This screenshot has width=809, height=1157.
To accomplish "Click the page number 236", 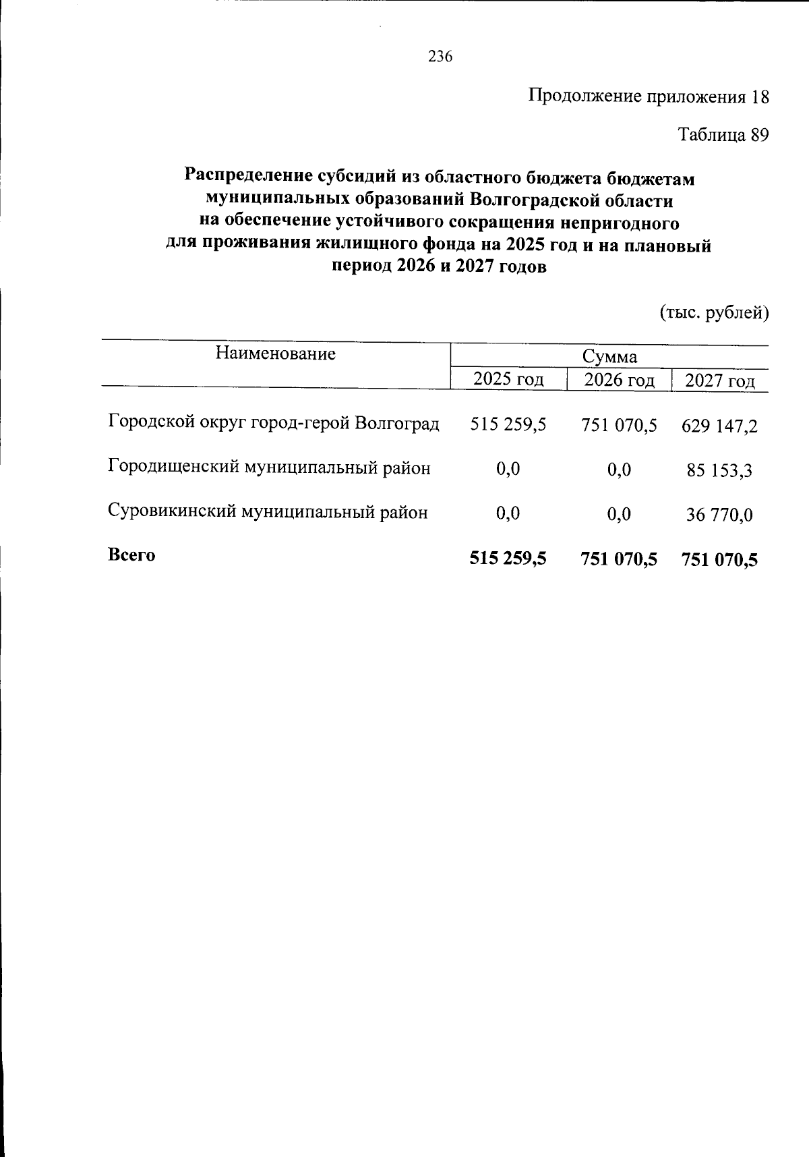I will click(440, 57).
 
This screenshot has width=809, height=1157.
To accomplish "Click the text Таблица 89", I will click(723, 135).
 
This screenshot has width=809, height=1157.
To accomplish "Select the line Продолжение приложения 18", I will click(647, 96).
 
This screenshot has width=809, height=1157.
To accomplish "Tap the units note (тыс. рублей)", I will click(713, 312).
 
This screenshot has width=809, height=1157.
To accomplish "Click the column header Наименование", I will click(275, 354).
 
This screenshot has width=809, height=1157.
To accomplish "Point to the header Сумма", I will click(609, 357).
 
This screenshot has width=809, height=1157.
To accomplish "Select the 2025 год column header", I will click(508, 379).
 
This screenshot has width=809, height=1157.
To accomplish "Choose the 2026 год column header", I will click(619, 380).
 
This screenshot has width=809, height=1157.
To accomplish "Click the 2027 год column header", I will click(719, 382).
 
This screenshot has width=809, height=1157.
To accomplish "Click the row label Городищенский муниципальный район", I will click(269, 468).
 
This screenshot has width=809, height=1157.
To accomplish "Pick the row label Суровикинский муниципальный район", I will click(268, 512).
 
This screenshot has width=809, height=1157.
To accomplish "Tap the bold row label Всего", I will click(131, 555).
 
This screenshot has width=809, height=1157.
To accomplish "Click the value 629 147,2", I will click(719, 426).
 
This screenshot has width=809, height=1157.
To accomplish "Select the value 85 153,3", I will click(719, 471).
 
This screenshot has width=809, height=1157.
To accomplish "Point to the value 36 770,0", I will click(719, 515).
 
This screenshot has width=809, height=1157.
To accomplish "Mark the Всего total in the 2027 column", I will click(719, 559).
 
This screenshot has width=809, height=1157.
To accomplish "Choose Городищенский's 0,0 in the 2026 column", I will click(619, 470).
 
